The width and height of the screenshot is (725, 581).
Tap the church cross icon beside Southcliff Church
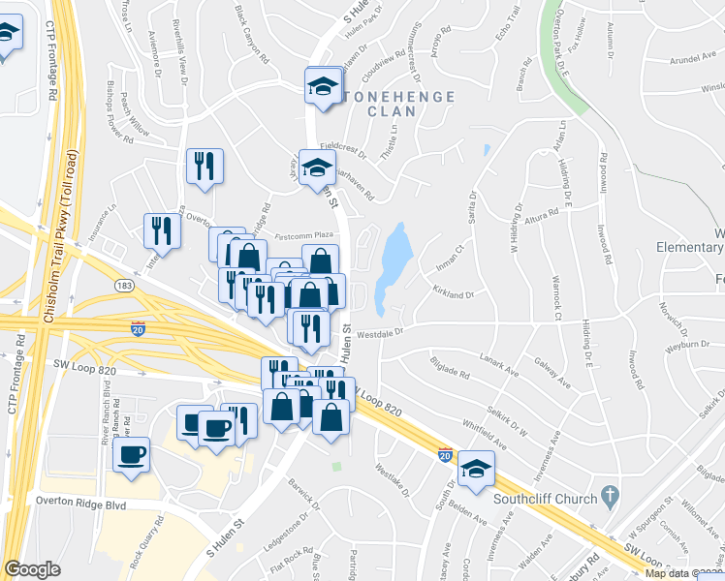[x=609, y=497]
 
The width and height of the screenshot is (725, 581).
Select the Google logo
[x=32, y=569]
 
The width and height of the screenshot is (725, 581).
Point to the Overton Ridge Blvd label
[x=81, y=503]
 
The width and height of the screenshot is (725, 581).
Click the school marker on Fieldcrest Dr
[x=317, y=168]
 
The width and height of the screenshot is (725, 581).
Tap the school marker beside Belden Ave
[x=476, y=469]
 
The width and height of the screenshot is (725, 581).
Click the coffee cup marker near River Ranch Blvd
[x=131, y=454]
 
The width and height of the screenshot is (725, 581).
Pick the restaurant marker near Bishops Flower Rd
[x=205, y=167]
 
